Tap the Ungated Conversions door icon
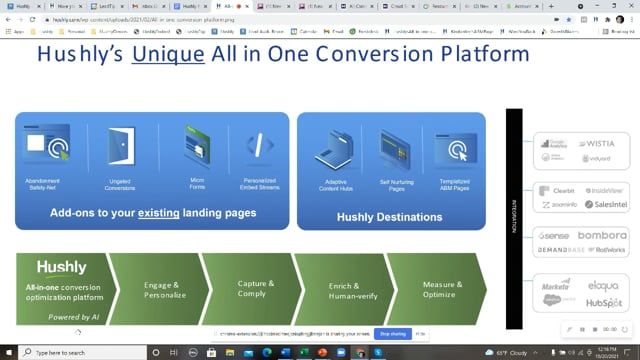pos(119,145)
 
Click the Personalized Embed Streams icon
pos(259,146)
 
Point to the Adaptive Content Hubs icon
pos(330,147)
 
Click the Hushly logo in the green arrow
pos(62,268)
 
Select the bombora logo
pos(598,235)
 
